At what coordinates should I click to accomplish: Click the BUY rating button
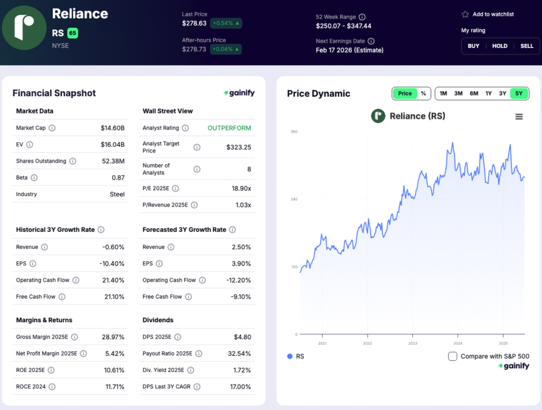(473, 46)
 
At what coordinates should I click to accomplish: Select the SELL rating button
(527, 46)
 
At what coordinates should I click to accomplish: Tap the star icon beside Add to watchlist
(465, 14)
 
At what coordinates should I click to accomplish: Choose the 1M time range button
(443, 94)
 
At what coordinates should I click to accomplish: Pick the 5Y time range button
(519, 94)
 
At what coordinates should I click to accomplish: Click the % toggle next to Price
(423, 94)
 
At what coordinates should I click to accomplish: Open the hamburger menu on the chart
(519, 117)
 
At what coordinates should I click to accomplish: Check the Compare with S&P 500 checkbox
(453, 356)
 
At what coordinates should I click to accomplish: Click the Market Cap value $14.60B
(113, 128)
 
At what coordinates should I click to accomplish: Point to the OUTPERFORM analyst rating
(229, 128)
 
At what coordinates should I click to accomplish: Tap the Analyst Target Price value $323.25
(239, 147)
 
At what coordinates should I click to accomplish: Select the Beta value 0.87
(118, 178)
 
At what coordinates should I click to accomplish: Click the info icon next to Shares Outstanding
(73, 161)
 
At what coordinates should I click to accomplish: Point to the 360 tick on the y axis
(294, 132)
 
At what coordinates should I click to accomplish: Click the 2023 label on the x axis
(412, 343)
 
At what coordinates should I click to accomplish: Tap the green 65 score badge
(73, 33)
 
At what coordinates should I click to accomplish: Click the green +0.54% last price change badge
(225, 23)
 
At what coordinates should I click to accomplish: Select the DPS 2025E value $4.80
(242, 337)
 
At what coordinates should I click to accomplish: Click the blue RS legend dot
(290, 356)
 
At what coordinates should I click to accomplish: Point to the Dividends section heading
(157, 320)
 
